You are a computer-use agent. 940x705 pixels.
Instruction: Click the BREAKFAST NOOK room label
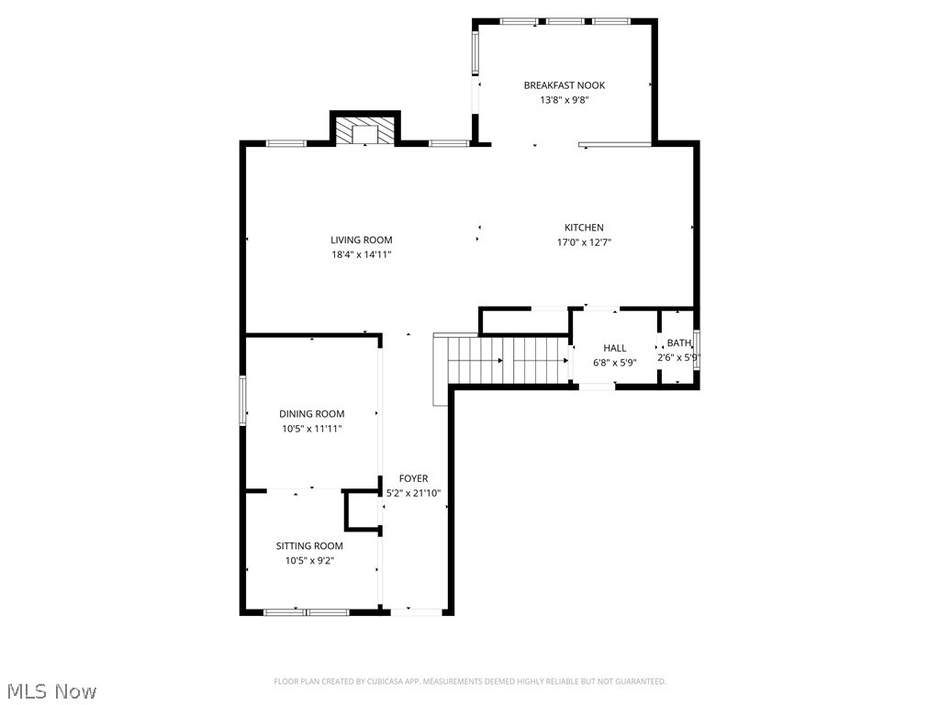click(564, 85)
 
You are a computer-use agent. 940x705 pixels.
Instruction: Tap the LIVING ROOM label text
click(362, 241)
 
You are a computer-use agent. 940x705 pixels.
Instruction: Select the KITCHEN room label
click(584, 228)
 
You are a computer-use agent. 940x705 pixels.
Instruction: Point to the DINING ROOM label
click(312, 414)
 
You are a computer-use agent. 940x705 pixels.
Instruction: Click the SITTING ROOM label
click(309, 546)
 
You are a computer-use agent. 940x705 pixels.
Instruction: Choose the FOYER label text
click(413, 478)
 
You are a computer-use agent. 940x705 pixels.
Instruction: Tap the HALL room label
click(614, 348)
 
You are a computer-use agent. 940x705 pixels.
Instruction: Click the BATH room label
click(679, 343)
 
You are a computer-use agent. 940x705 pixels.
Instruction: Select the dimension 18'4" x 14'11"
click(362, 255)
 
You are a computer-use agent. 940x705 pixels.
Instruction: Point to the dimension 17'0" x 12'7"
click(584, 242)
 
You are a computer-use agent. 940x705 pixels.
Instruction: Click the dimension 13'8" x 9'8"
click(564, 100)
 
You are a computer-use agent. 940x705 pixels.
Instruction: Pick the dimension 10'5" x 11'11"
click(312, 429)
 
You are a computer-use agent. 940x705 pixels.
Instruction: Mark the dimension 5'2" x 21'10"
click(413, 493)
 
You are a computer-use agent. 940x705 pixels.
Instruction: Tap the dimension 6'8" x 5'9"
click(614, 363)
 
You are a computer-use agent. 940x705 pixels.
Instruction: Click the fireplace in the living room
click(365, 130)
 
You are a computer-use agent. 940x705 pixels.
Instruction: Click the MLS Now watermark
click(51, 690)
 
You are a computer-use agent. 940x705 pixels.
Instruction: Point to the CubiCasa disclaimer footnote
click(470, 681)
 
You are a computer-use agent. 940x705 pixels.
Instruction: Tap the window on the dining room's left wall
click(243, 400)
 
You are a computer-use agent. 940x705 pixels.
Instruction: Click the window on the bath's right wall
click(697, 349)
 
